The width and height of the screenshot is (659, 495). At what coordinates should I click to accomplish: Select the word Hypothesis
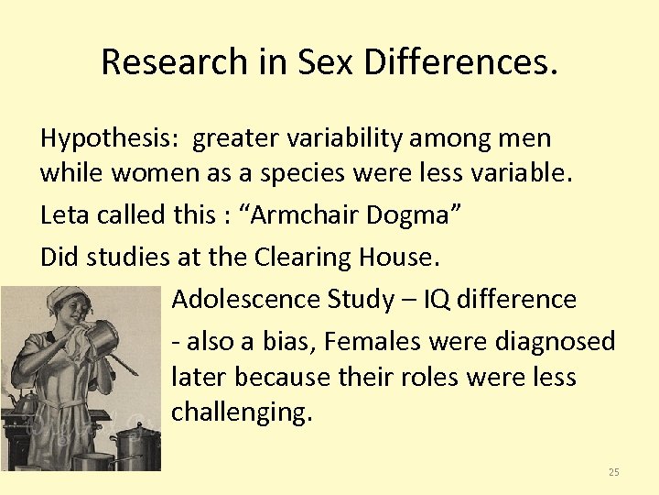click(110, 138)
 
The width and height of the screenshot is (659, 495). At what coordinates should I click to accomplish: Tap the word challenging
click(242, 412)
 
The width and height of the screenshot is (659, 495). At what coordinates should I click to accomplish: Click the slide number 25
click(613, 472)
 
